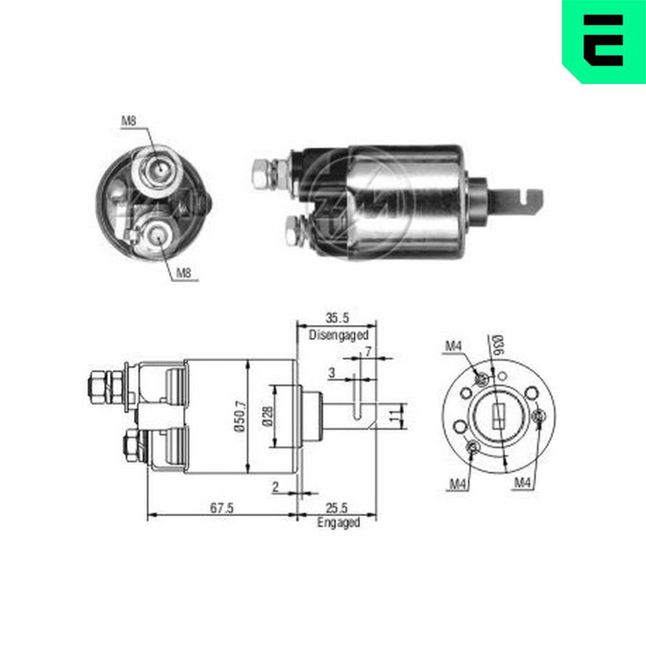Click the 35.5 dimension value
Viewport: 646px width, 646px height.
(x=337, y=317)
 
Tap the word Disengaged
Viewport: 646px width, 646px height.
(x=338, y=335)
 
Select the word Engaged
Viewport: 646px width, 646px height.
(x=338, y=523)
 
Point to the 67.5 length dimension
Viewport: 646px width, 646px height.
(x=221, y=508)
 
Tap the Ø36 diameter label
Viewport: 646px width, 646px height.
(x=497, y=346)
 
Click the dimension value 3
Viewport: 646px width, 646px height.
(x=331, y=373)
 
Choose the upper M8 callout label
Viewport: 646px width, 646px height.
(x=129, y=120)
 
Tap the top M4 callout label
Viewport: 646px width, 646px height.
(x=453, y=348)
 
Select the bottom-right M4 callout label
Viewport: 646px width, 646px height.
(x=523, y=483)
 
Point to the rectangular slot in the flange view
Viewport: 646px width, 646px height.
(x=498, y=416)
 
